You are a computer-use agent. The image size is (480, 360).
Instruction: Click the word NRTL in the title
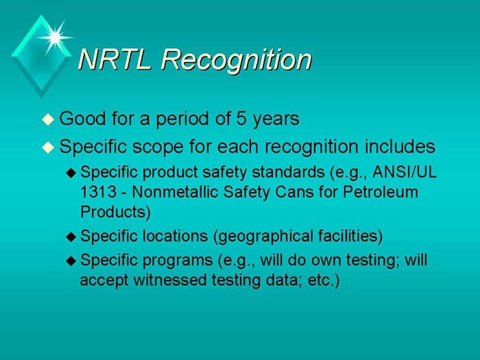tap(115, 60)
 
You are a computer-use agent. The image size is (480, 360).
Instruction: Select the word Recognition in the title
tap(236, 60)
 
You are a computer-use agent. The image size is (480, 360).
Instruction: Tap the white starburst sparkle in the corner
tap(56, 34)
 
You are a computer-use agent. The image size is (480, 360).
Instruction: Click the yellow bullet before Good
tap(47, 120)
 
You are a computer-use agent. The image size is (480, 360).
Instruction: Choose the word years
tap(274, 119)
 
